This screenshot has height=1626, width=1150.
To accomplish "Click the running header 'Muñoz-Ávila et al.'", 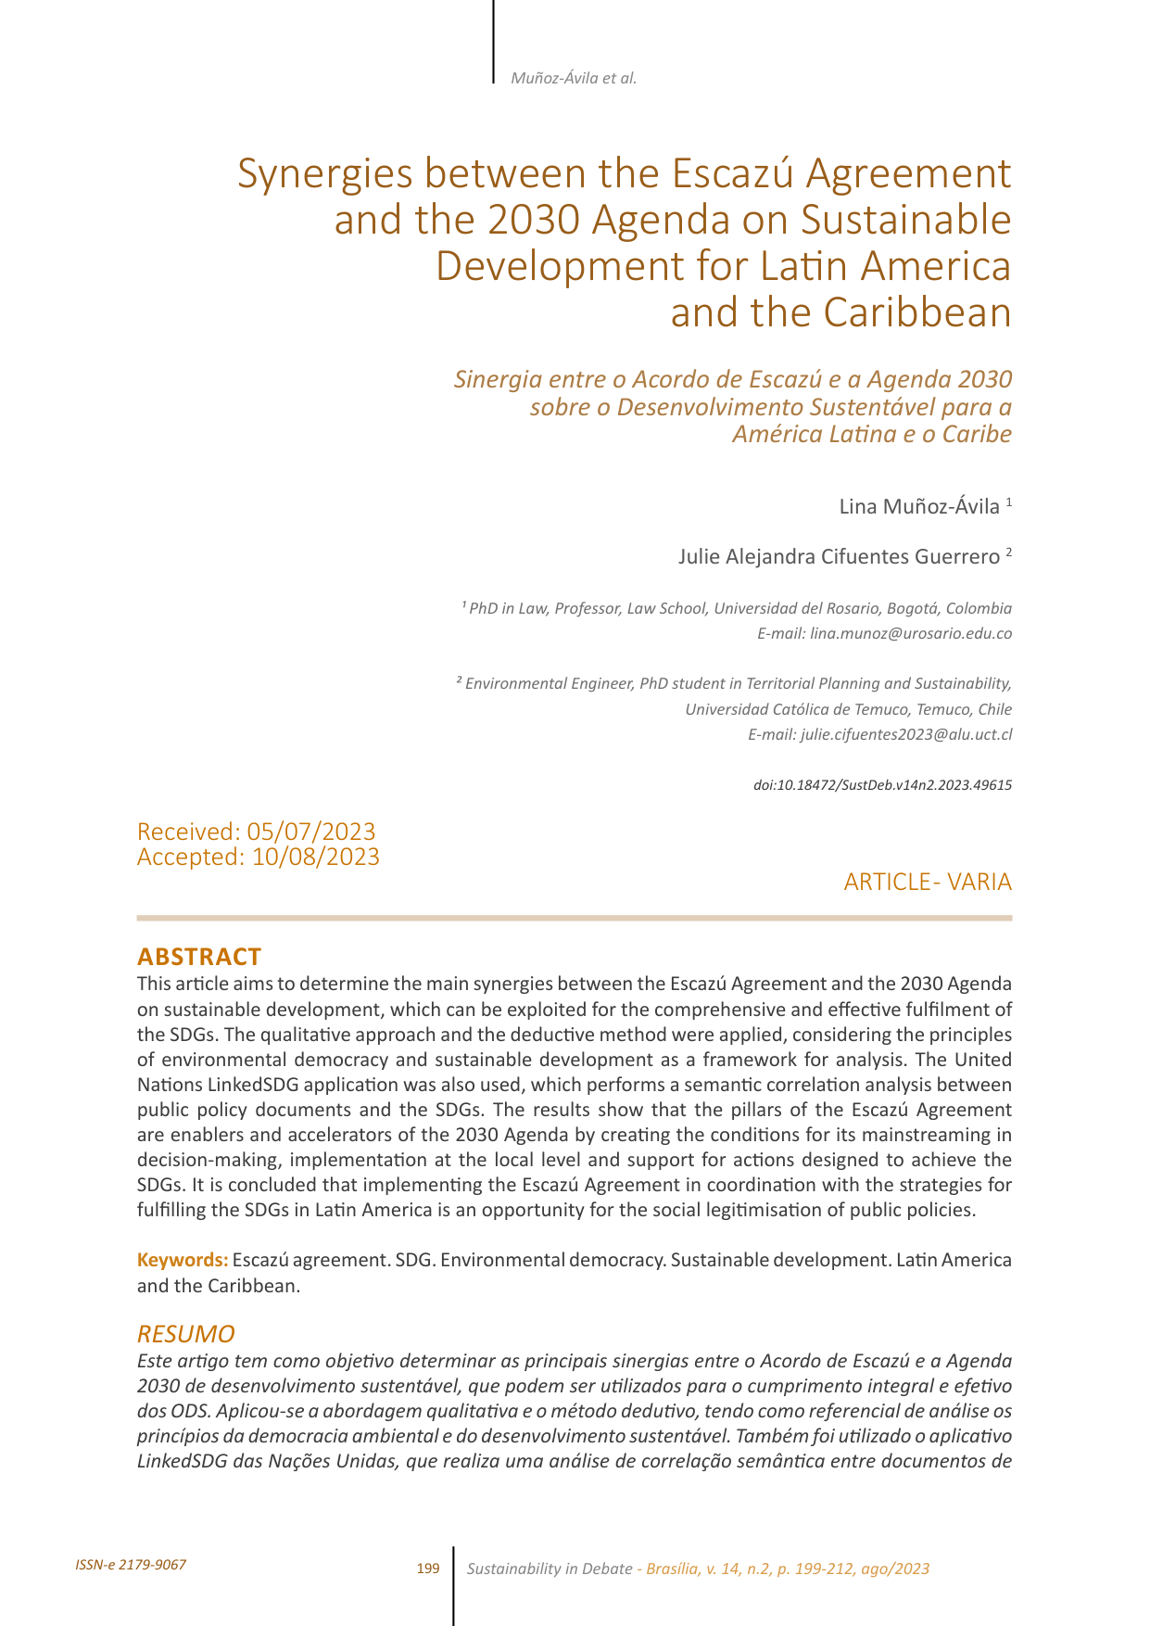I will coord(574,78).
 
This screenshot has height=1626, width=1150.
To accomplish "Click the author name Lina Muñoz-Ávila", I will coord(919,506).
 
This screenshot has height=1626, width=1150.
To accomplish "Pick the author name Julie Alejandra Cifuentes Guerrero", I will coord(839,556).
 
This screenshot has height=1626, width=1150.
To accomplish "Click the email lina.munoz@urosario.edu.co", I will coord(910,634).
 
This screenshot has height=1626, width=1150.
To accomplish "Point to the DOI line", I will coord(882,785).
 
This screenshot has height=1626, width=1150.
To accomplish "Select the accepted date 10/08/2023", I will coord(315,857).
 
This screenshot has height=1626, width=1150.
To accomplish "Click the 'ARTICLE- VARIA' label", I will coord(927,882).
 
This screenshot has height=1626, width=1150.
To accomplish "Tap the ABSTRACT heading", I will coord(199,957).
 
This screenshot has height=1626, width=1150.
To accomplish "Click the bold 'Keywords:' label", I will coord(183,1260).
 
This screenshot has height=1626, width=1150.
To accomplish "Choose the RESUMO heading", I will coord(185,1334).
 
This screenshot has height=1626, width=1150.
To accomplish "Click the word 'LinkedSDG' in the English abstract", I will coord(258,1085).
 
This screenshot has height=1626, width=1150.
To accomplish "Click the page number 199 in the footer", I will coord(428,1569).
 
